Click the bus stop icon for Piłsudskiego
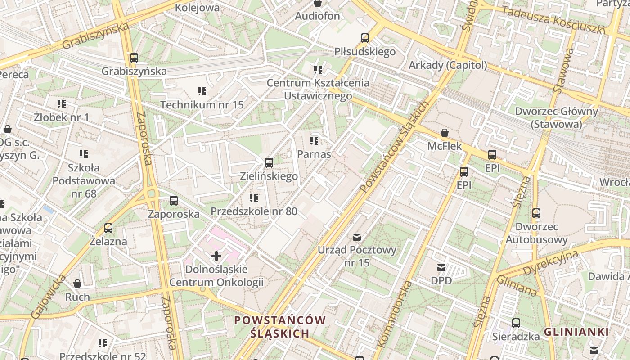365,38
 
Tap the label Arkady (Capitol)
447,65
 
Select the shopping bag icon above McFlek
445,133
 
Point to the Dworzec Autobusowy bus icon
536,213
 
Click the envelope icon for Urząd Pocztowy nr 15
357,237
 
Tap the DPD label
441,280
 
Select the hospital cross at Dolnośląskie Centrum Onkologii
216,256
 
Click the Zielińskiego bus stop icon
269,162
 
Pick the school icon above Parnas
314,141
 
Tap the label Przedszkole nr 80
254,211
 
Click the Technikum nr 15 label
202,105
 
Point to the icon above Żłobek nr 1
62,104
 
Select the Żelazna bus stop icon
108,228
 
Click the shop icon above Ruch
77,283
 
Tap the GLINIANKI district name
576,332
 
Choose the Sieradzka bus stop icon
516,323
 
